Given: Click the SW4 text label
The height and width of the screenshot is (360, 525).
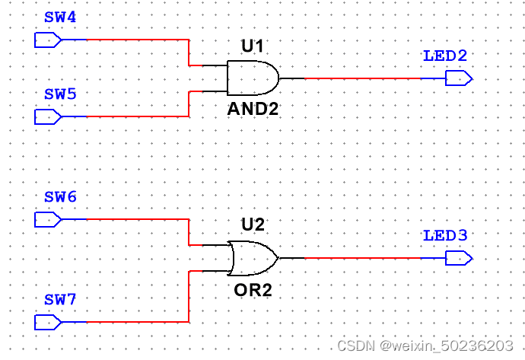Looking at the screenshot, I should tap(60, 18).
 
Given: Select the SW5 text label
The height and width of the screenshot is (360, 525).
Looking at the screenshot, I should tap(60, 95).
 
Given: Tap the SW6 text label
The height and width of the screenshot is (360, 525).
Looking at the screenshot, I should tap(60, 197).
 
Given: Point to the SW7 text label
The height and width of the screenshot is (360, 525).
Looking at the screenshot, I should tap(60, 300).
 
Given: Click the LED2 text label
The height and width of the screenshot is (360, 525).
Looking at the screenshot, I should tap(445, 56).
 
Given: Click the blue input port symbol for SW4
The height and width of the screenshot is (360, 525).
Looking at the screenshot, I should tap(48, 40).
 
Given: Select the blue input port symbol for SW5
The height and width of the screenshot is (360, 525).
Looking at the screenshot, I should tap(48, 116).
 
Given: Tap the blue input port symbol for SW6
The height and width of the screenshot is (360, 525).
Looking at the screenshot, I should tap(48, 219).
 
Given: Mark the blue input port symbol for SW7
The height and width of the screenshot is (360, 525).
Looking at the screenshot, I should tap(48, 322).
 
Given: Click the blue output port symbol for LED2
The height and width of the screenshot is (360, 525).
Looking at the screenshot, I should tap(459, 78).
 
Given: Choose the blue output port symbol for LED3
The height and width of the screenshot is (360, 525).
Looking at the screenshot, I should tap(459, 258).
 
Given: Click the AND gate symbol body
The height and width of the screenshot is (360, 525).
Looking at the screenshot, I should tap(252, 78).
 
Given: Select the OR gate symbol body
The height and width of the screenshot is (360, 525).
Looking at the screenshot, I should tap(252, 259).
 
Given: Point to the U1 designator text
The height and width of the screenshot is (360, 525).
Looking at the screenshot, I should tap(252, 47).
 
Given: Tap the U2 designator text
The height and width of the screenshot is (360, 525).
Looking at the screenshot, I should tap(252, 225).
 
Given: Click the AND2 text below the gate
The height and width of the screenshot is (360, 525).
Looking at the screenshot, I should tap(253, 109).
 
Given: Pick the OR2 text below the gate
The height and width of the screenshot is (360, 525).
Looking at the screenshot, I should tap(252, 290).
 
